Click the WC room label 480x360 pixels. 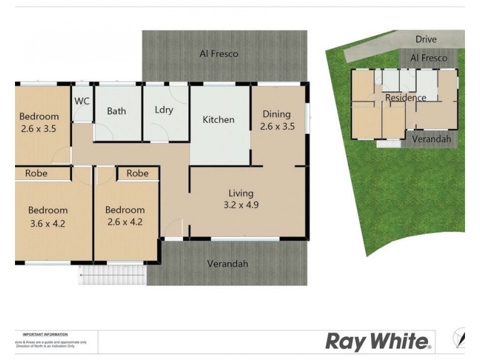pyautogui.click(x=82, y=101)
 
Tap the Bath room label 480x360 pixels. pyautogui.click(x=116, y=111)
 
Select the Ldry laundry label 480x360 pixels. pyautogui.click(x=164, y=110)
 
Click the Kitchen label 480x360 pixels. pyautogui.click(x=218, y=119)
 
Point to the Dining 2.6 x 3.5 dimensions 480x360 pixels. pyautogui.click(x=277, y=126)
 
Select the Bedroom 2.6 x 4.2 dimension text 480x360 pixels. pyautogui.click(x=125, y=222)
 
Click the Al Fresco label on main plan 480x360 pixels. pyautogui.click(x=219, y=53)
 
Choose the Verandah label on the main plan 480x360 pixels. pyautogui.click(x=227, y=263)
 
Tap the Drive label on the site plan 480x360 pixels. pyautogui.click(x=426, y=39)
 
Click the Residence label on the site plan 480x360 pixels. pyautogui.click(x=406, y=98)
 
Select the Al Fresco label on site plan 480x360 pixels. pyautogui.click(x=428, y=58)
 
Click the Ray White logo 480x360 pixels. pyautogui.click(x=378, y=341)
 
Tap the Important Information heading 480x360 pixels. pyautogui.click(x=45, y=334)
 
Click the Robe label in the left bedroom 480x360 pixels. pyautogui.click(x=37, y=173)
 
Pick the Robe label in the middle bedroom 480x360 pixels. pyautogui.click(x=137, y=173)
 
